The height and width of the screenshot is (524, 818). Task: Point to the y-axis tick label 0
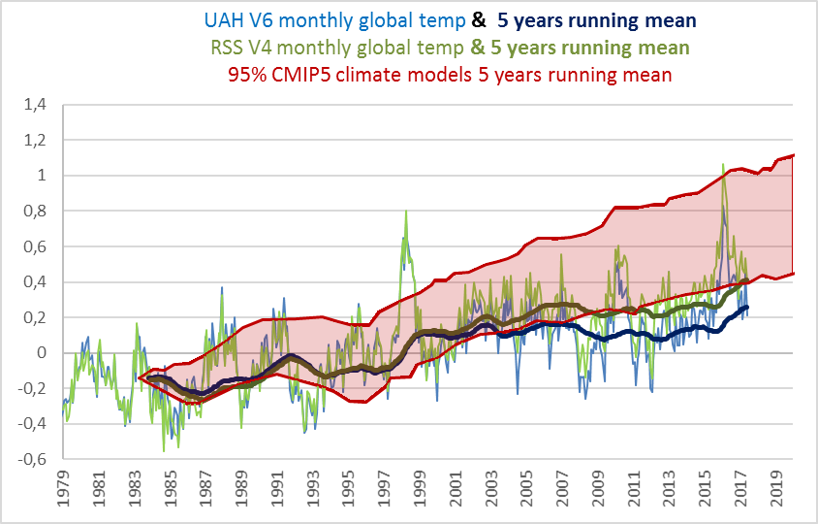(x=43, y=353)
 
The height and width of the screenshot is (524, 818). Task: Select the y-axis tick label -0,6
(x=35, y=459)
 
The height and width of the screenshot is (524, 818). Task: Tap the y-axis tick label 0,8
(x=37, y=211)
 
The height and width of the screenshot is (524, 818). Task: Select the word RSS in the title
(x=228, y=46)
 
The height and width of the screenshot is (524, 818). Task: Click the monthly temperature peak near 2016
(x=723, y=166)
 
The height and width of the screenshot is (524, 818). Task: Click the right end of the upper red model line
(x=794, y=155)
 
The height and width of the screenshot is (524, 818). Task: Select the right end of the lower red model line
(x=794, y=273)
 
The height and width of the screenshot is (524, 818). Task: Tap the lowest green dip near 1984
(x=163, y=450)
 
